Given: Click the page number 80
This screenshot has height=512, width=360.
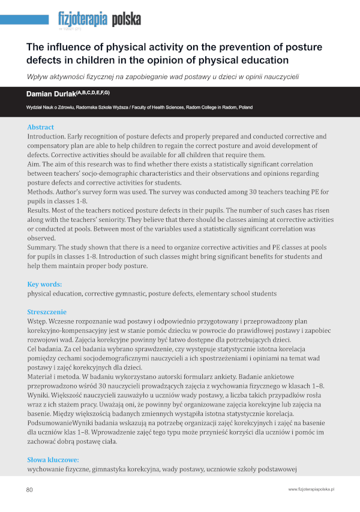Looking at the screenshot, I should coord(29,490).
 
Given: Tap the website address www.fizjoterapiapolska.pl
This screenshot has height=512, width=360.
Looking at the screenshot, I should coord(311,490).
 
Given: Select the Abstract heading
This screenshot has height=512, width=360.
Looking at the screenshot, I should coord(40,127).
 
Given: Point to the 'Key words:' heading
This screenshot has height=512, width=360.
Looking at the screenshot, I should coord(44,284).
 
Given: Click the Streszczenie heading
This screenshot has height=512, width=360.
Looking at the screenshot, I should coord(47,312).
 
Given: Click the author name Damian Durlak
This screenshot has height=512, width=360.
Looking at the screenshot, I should coord(52,94).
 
